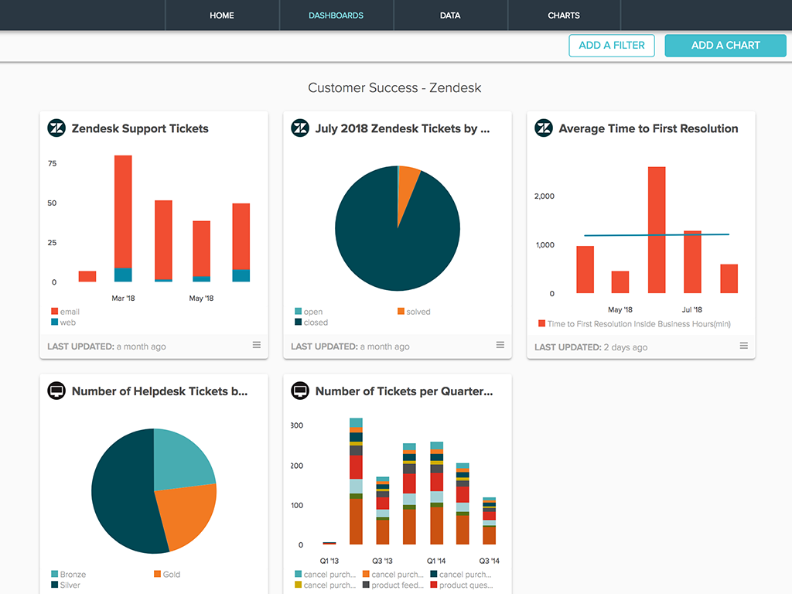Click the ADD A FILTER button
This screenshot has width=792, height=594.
pos(612,46)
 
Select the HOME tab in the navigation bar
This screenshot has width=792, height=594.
pos(222,15)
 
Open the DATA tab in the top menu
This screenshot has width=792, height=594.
pos(450,15)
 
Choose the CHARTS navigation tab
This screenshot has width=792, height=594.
pos(564,15)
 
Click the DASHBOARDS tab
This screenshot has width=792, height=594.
pos(336,15)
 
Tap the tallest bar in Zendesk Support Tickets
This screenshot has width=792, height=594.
pos(123,209)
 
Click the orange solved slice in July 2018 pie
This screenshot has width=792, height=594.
pos(408,189)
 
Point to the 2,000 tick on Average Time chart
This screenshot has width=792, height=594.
pos(544,196)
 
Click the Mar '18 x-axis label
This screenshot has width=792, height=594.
pos(123,299)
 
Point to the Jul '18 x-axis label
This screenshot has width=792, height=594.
pos(691,310)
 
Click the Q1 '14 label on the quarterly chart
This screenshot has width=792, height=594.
pos(436,561)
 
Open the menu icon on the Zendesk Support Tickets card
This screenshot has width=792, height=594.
pos(257,345)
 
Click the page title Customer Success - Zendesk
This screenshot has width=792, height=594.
pos(394,88)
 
